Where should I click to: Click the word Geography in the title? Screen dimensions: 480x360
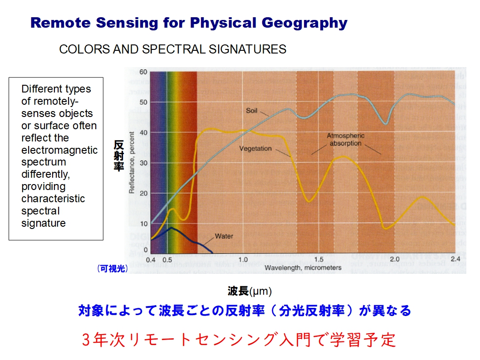click(304, 23)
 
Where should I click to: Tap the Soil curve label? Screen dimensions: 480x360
click(252, 111)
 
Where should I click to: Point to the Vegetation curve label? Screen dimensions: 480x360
click(255, 149)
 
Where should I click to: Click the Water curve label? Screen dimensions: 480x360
click(224, 236)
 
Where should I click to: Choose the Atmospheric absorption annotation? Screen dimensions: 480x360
click(346, 140)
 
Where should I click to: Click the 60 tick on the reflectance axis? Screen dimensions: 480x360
click(143, 72)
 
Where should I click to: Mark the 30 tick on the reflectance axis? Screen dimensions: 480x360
click(143, 163)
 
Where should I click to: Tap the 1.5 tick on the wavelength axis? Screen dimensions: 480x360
click(318, 259)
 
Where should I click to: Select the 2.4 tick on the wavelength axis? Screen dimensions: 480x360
click(455, 259)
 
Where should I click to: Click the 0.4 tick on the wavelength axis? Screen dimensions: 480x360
click(151, 260)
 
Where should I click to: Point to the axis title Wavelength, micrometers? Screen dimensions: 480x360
click(303, 268)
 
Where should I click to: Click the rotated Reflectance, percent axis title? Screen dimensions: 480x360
click(132, 162)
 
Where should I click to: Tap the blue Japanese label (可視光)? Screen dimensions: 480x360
click(113, 268)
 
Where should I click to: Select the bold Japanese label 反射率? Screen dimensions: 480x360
click(118, 156)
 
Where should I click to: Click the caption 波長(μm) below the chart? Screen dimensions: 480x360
click(250, 291)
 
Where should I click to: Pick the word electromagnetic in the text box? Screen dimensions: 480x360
click(59, 150)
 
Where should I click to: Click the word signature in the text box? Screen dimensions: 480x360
click(44, 223)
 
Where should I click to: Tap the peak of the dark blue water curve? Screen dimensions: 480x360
click(171, 228)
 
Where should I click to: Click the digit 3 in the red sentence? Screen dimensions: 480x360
click(86, 340)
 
